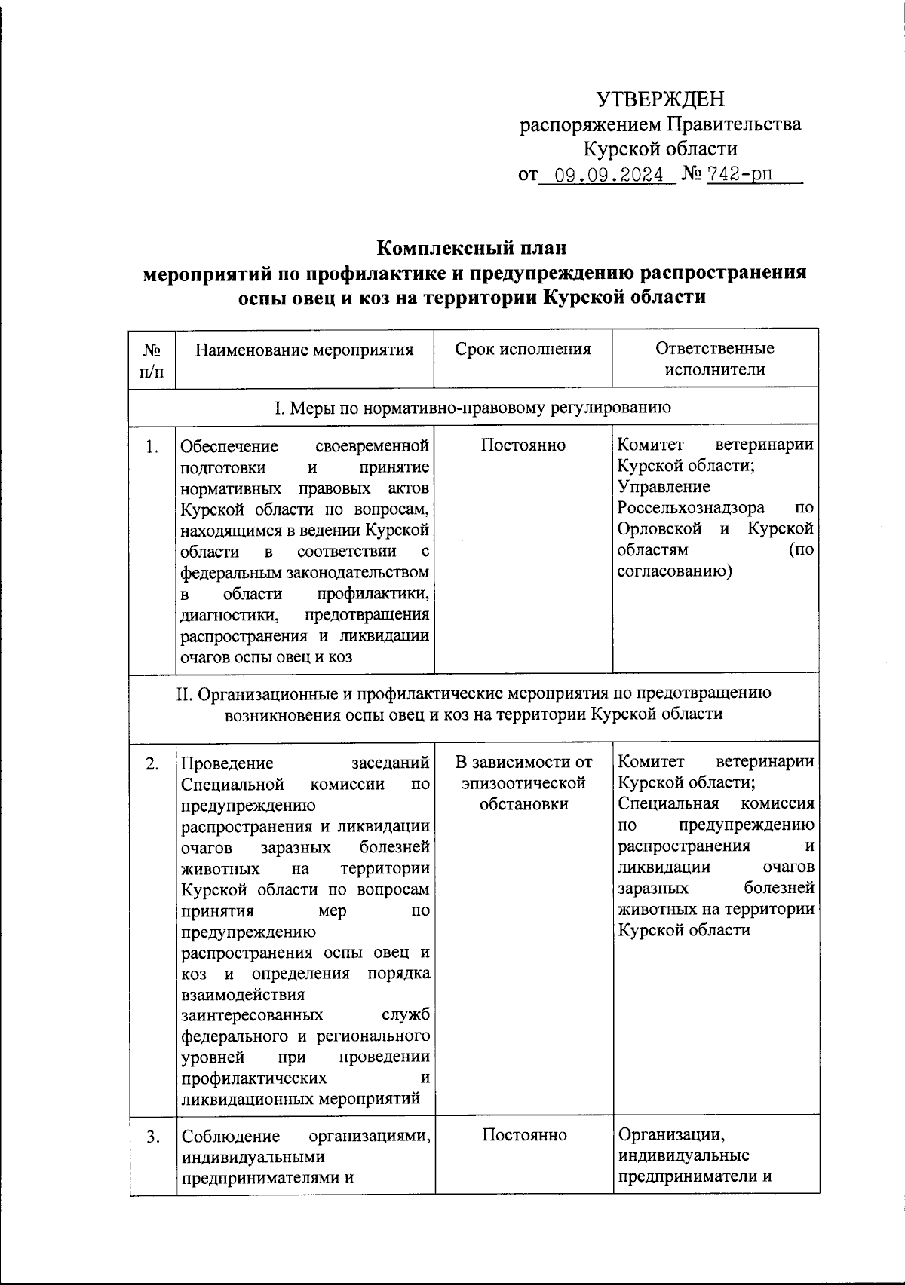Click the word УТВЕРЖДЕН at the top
tap(660, 99)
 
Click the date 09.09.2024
tap(609, 176)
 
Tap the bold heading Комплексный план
tap(471, 247)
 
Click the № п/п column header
tap(152, 359)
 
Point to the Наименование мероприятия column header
tap(305, 350)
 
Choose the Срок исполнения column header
tap(523, 349)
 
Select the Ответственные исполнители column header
tap(714, 359)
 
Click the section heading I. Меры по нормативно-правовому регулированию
tap(471, 408)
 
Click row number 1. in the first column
tap(152, 446)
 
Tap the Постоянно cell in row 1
tap(523, 445)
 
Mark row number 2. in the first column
tap(152, 763)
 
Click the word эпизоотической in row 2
tap(523, 783)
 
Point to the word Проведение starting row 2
tap(227, 763)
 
